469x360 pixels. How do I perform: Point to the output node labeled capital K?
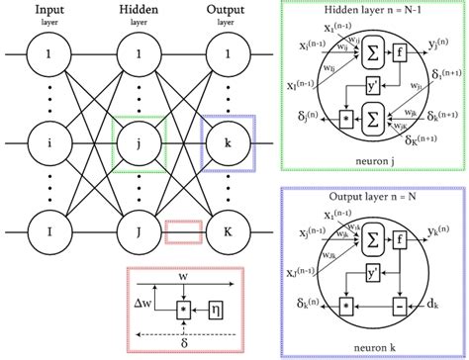(x=228, y=233)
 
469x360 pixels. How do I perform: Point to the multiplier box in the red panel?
(x=184, y=310)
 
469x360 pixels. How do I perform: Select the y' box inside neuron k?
(x=374, y=270)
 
